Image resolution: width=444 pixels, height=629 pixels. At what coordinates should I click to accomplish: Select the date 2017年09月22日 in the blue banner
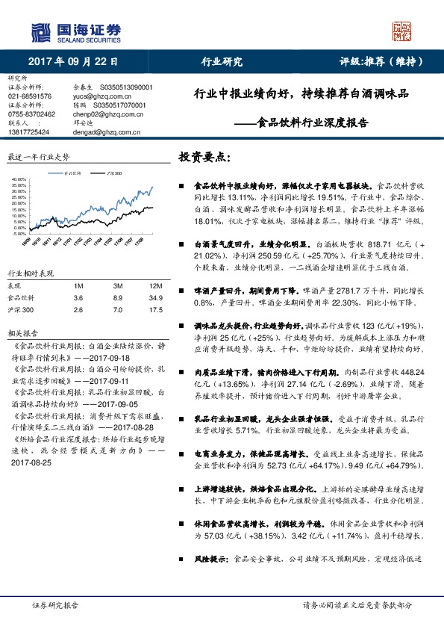click(75, 62)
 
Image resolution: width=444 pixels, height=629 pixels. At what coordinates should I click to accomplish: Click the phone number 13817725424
click(29, 131)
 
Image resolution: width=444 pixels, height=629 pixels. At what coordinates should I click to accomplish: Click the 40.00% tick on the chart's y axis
click(17, 180)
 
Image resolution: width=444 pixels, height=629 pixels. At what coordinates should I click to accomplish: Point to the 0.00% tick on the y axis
click(19, 227)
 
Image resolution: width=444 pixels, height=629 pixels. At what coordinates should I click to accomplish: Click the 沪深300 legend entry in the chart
click(113, 173)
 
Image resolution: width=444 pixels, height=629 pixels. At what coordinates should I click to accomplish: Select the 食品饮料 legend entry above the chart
click(73, 173)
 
